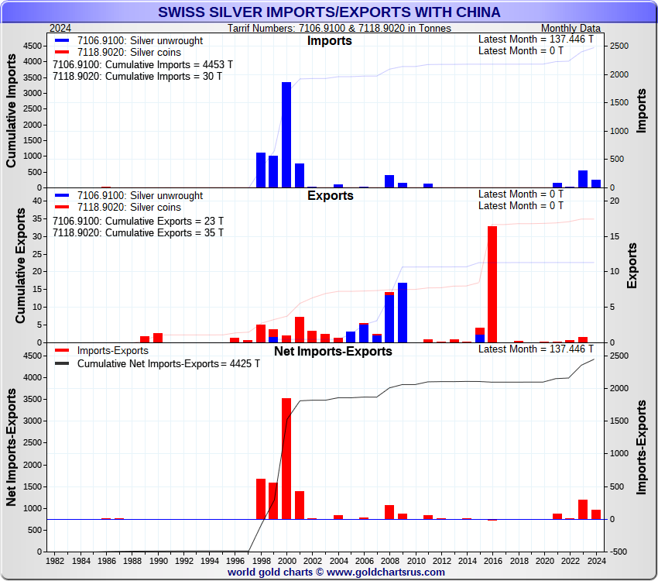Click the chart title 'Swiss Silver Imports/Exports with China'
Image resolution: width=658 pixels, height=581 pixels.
point(329,12)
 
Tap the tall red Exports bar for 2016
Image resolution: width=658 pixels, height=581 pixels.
point(492,284)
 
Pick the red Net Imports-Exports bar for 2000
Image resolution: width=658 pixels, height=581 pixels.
point(286,458)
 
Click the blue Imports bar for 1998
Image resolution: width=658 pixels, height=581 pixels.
point(261,170)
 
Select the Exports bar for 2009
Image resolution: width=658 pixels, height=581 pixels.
point(403,312)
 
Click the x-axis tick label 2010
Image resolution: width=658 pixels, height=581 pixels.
point(416,560)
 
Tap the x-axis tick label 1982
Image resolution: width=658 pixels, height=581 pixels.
point(56,560)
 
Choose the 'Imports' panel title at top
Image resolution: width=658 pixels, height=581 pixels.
point(329,40)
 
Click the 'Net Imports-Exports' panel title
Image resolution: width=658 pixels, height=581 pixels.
point(333,351)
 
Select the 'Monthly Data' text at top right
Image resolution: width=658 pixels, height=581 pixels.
point(570,28)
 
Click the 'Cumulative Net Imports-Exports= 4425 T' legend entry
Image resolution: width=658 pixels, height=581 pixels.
point(168,363)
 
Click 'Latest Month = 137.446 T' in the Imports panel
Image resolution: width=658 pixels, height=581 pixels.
point(536,40)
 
